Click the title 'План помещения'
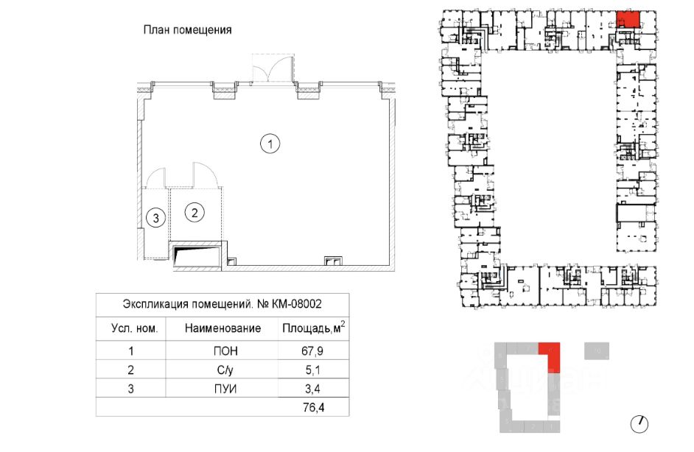click(186, 30)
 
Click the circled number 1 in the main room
click(271, 145)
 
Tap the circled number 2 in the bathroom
click(194, 213)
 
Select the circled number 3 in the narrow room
click(154, 217)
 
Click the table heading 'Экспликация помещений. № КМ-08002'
click(222, 303)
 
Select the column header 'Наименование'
click(222, 328)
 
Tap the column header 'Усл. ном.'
click(133, 328)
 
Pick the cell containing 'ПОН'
click(222, 351)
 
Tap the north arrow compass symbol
click(640, 423)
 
